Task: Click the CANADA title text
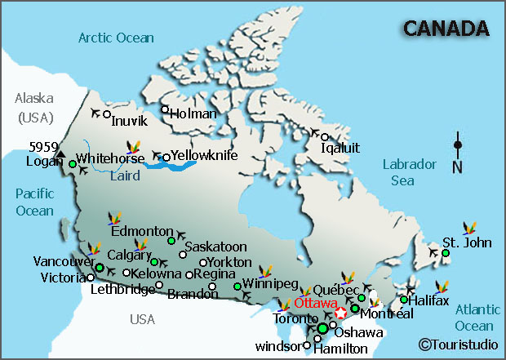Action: point(446,29)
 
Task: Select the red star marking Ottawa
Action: point(341,311)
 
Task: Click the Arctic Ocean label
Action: point(115,37)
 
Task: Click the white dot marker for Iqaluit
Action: point(324,137)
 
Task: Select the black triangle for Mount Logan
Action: point(60,153)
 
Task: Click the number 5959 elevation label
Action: point(43,147)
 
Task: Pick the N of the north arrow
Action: point(457,168)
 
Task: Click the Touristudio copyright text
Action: point(458,344)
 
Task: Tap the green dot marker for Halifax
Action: point(403,300)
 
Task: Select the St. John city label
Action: point(465,242)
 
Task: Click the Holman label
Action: point(194,114)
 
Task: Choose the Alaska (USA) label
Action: point(33,107)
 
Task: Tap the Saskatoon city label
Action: point(215,246)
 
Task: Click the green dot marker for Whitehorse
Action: point(73,164)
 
